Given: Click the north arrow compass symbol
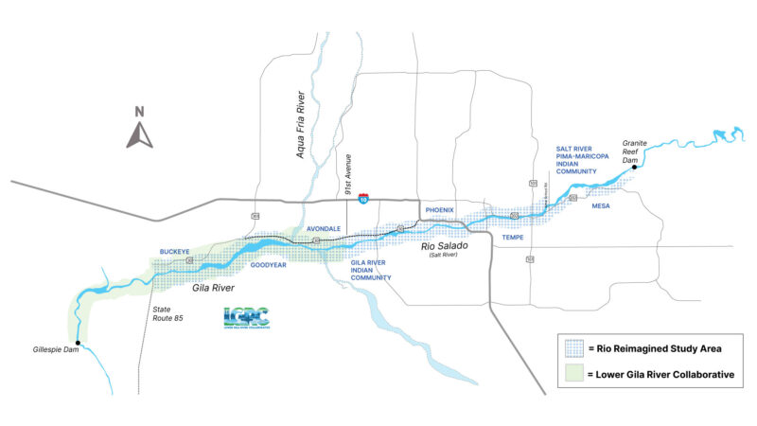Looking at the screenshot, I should [x=139, y=130].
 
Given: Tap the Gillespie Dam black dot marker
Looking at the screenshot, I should [x=78, y=342].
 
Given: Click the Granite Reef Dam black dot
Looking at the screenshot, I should [x=635, y=168].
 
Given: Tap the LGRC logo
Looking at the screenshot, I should [x=246, y=318].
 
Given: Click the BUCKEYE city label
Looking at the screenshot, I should [x=175, y=252].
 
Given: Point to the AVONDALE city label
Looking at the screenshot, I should [x=324, y=229].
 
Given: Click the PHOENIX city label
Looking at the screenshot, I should [x=440, y=209].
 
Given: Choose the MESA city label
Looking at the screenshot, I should [x=600, y=205].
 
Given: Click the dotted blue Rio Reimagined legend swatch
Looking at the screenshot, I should [x=572, y=346].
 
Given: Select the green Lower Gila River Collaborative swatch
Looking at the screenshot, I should [x=572, y=375].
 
